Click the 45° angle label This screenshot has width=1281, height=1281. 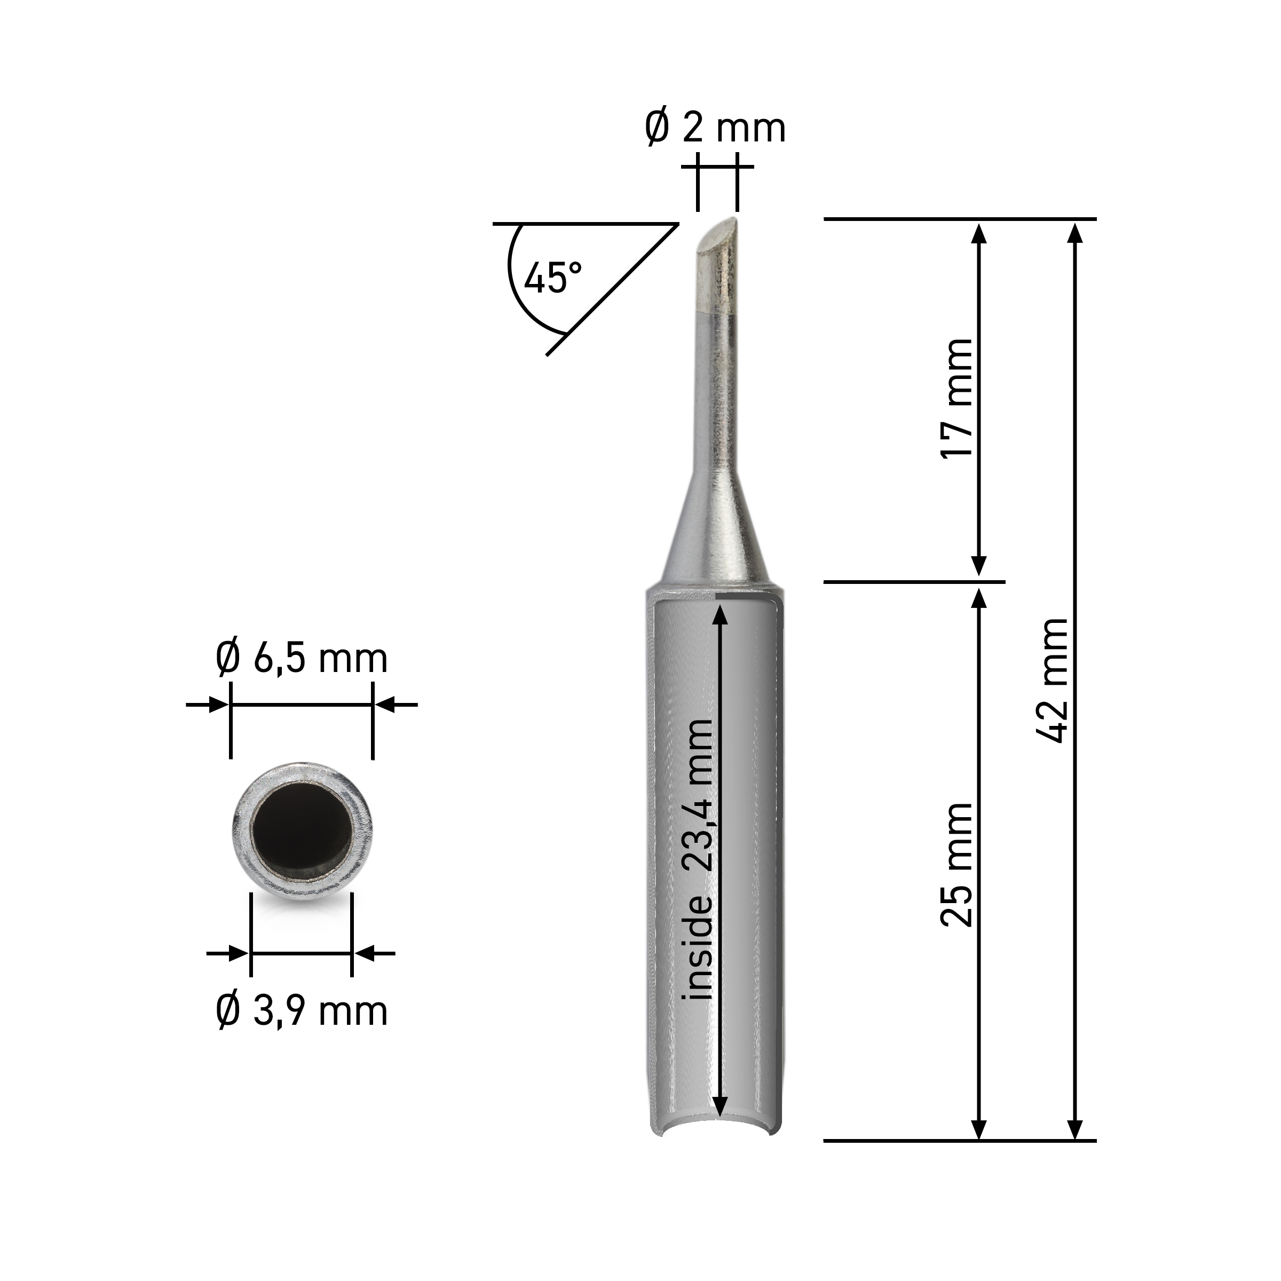553,277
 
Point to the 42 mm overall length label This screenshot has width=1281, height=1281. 1051,681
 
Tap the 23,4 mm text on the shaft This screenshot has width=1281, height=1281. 698,794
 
